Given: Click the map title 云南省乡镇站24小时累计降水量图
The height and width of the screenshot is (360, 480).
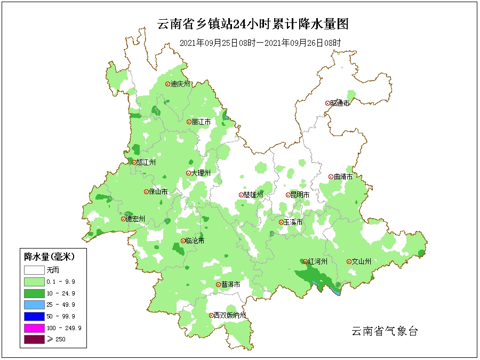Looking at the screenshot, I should pyautogui.click(x=253, y=24).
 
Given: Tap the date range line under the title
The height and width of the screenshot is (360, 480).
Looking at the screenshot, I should pyautogui.click(x=260, y=43).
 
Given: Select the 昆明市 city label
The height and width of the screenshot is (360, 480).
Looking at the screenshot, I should pyautogui.click(x=300, y=195).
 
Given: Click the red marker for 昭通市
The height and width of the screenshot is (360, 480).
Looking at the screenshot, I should pyautogui.click(x=327, y=103).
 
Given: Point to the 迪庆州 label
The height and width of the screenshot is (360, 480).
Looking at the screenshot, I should pyautogui.click(x=180, y=84).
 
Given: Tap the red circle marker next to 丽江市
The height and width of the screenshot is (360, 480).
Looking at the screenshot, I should pyautogui.click(x=189, y=122).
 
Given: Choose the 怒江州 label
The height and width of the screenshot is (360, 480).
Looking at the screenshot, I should pyautogui.click(x=146, y=163).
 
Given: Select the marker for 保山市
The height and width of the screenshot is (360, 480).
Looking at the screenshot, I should pyautogui.click(x=146, y=192).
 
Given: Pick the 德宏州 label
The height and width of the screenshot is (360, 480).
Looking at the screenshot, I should pyautogui.click(x=135, y=219).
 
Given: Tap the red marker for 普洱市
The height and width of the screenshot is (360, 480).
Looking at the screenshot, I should pyautogui.click(x=218, y=285).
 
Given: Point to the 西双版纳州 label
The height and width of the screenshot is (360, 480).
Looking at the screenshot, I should pyautogui.click(x=230, y=316).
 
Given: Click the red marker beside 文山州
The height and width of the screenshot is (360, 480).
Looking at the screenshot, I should pyautogui.click(x=349, y=262).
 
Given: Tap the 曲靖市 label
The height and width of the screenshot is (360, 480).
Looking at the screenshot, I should pyautogui.click(x=343, y=177).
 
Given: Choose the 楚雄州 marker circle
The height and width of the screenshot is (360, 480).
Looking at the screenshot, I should pyautogui.click(x=241, y=195).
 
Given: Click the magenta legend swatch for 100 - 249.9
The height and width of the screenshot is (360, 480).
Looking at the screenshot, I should pyautogui.click(x=33, y=328).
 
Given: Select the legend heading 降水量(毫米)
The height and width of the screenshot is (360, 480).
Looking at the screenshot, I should pyautogui.click(x=50, y=257).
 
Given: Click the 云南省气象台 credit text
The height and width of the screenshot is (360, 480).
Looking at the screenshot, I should pyautogui.click(x=385, y=331).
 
